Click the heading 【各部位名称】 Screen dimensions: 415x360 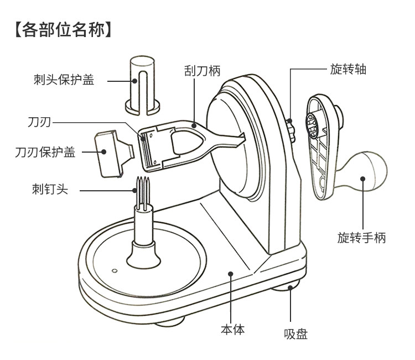point(63,30)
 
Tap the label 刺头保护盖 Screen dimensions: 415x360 point(64,79)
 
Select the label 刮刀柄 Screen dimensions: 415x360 point(202,71)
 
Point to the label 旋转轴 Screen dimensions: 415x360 point(348,69)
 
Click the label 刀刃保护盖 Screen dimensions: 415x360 point(45,152)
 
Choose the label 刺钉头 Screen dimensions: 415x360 point(50,189)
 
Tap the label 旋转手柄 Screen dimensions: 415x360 point(361,237)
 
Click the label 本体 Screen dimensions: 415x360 point(232,330)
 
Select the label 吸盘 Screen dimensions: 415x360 point(295,334)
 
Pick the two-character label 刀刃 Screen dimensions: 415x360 point(39,122)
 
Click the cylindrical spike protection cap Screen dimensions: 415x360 point(142,85)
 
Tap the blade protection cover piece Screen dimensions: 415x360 point(114,154)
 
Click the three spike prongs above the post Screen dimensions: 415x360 point(143,191)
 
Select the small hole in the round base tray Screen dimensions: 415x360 point(115,271)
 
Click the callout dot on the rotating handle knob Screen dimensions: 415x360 point(363,179)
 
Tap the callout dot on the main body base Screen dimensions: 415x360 point(231,274)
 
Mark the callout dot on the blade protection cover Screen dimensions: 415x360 point(104,152)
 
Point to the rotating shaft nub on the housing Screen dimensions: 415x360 point(290,130)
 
